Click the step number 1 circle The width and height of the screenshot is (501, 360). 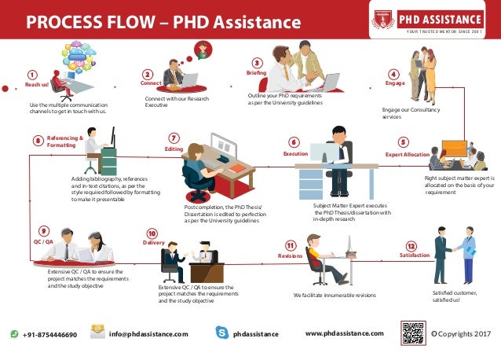[x=32, y=75]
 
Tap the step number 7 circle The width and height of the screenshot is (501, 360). [x=174, y=138]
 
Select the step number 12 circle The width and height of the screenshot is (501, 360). [x=411, y=246]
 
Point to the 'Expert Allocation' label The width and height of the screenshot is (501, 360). [x=407, y=155]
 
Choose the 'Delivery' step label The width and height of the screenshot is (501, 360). [x=153, y=243]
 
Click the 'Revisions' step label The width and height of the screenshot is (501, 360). [x=290, y=256]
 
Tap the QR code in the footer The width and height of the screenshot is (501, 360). [x=413, y=333]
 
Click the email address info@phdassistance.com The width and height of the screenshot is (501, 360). [x=148, y=334]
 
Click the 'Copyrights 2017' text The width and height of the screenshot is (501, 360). [x=464, y=333]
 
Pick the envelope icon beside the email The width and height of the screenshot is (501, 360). [x=97, y=332]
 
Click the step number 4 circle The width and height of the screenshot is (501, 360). [x=393, y=73]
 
